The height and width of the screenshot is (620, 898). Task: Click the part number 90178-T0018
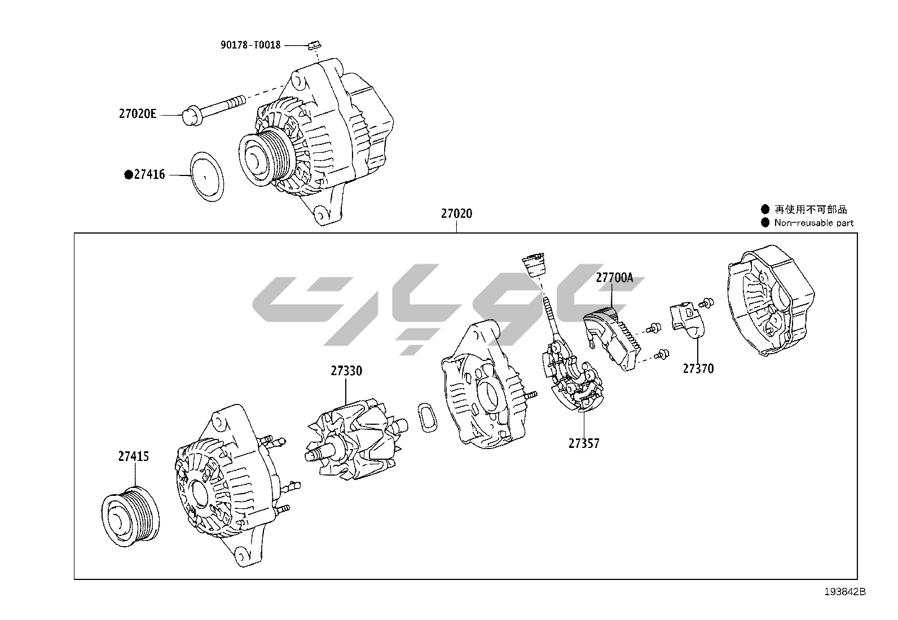pyautogui.click(x=250, y=45)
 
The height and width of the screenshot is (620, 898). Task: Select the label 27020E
pyautogui.click(x=137, y=113)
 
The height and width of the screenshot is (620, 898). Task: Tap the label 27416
pyautogui.click(x=149, y=175)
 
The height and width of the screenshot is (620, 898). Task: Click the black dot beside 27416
pyautogui.click(x=128, y=175)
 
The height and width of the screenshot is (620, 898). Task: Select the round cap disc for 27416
pyautogui.click(x=206, y=175)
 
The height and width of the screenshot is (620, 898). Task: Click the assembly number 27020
pyautogui.click(x=456, y=214)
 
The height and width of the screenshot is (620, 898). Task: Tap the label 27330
pyautogui.click(x=346, y=371)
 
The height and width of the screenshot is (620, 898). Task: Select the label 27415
pyautogui.click(x=134, y=456)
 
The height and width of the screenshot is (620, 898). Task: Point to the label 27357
pyautogui.click(x=584, y=443)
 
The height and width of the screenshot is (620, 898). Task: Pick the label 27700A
pyautogui.click(x=614, y=278)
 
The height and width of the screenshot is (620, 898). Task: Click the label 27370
pyautogui.click(x=698, y=368)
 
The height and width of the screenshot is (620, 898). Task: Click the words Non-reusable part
pyautogui.click(x=813, y=223)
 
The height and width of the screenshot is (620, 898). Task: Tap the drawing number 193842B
pyautogui.click(x=844, y=592)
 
